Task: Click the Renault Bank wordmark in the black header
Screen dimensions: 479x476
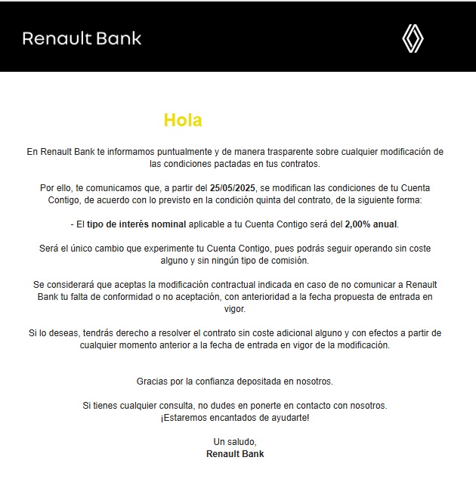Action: [82, 39]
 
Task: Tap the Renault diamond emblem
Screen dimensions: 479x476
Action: [412, 39]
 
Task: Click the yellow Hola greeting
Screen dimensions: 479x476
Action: [183, 120]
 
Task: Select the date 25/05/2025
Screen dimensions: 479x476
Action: [235, 187]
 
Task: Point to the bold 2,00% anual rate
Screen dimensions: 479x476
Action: [371, 224]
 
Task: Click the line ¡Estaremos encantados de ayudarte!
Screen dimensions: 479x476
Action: [235, 418]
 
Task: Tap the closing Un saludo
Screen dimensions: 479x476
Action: [235, 442]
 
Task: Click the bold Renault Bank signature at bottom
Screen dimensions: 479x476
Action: [235, 454]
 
